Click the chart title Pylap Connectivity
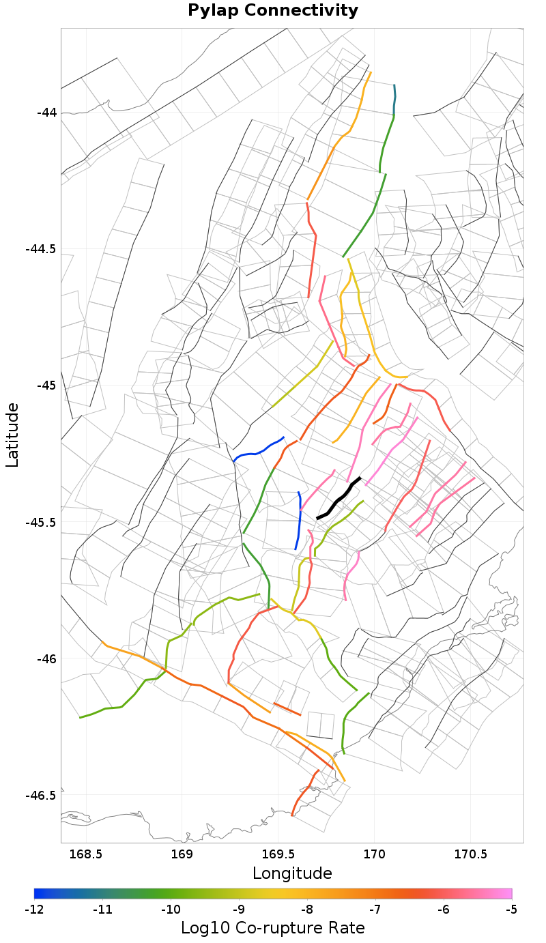[x=273, y=11]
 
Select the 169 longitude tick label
[x=182, y=854]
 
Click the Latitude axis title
[x=12, y=435]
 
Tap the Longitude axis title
[x=292, y=873]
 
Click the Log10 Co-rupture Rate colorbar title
[x=273, y=928]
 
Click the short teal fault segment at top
[x=394, y=99]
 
